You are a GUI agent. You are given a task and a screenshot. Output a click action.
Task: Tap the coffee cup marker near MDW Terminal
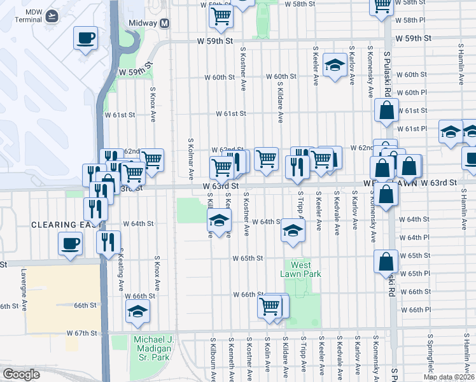pyautogui.click(x=85, y=38)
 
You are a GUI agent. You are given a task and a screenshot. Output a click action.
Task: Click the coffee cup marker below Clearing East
pyautogui.click(x=70, y=243)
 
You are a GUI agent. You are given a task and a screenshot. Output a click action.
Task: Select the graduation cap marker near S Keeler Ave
pyautogui.click(x=334, y=66)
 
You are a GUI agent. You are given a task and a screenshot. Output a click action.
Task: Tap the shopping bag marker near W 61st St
pyautogui.click(x=386, y=110)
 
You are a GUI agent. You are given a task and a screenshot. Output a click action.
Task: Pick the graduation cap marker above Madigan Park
pyautogui.click(x=137, y=311)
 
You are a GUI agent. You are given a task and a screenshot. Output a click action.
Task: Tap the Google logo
pyautogui.click(x=22, y=374)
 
